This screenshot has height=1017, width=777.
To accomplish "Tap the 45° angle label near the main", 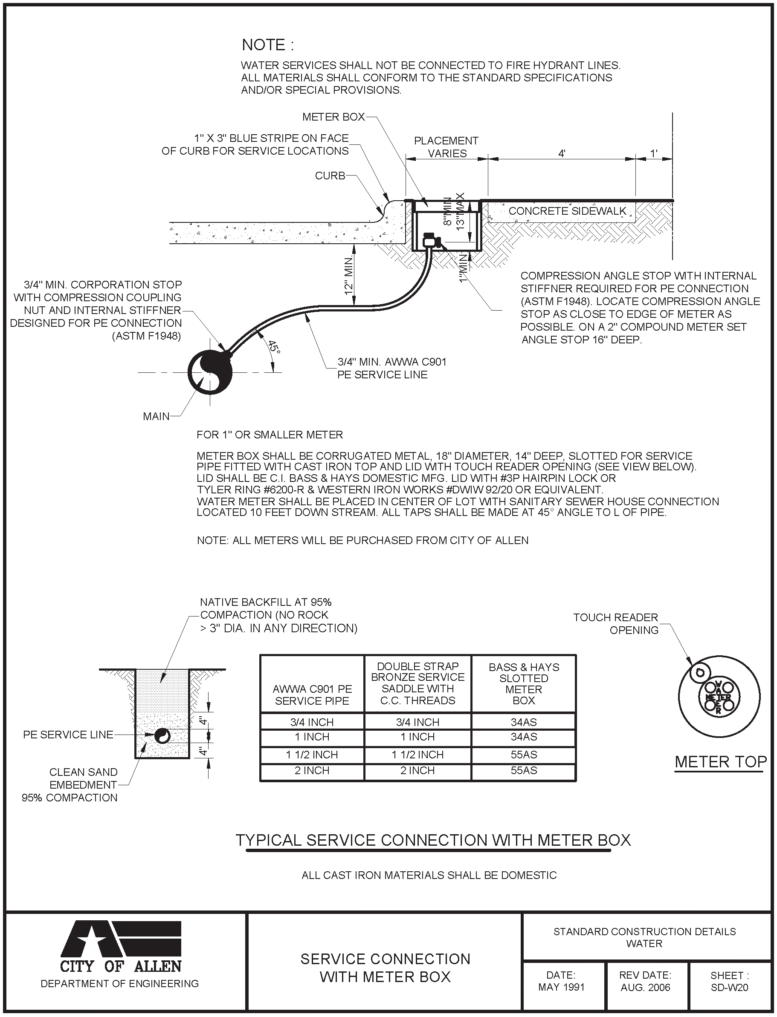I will coord(274,346).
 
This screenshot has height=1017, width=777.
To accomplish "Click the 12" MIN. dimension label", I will coord(349,276).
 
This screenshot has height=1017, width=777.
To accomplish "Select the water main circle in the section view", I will coord(210,372).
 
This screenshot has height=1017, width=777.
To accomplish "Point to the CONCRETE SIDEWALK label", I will coord(567,211).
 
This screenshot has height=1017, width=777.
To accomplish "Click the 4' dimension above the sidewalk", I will coord(562,153).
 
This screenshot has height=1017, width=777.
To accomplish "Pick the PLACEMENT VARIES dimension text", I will coord(446,147).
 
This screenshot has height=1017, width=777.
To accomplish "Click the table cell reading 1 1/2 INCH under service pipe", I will coord(312,755).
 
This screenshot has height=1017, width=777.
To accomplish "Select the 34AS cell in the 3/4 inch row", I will coord(524,722).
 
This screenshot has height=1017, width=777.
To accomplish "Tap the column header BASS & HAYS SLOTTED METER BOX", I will coord(524,684).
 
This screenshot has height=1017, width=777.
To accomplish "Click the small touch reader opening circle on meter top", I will coord(700,673).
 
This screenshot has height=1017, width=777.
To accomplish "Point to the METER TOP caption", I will coord(720,762).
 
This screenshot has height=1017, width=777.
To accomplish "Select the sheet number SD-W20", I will coord(729,988).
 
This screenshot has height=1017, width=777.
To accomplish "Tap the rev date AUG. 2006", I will coord(645,988).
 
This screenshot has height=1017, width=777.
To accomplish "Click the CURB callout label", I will coord(330,176).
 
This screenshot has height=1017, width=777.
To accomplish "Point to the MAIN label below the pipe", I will coord(156,416).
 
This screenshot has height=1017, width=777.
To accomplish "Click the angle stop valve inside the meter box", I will coord(432,240).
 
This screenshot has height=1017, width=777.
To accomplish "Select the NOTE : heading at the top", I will coord(268,45).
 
